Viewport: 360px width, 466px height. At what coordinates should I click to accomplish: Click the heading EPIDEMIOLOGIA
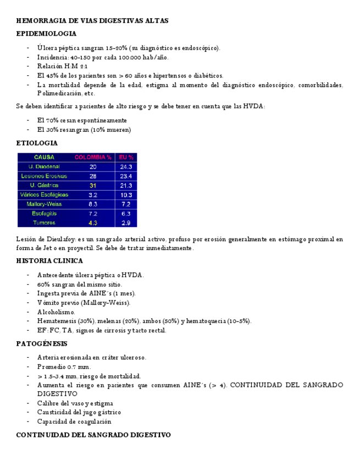46,34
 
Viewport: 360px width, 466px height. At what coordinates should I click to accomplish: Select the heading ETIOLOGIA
37,143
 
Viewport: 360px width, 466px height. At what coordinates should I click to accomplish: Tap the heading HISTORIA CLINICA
49,261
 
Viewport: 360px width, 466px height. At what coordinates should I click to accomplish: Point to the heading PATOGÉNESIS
42,344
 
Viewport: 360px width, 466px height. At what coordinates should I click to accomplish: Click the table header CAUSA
44,157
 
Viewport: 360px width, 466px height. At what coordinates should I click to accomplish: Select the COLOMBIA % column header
93,157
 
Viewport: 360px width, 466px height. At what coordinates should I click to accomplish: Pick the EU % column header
126,157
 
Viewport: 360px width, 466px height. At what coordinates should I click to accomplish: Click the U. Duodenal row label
44,167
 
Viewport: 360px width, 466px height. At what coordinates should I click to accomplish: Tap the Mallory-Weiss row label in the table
44,204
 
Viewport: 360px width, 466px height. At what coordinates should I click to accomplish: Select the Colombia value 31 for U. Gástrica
93,185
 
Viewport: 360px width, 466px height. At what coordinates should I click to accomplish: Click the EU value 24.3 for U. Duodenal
126,167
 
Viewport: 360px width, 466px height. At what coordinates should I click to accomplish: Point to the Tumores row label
44,223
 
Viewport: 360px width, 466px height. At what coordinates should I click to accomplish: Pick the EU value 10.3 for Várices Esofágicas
126,195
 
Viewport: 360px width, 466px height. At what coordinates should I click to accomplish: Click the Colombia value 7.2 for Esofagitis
93,213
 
